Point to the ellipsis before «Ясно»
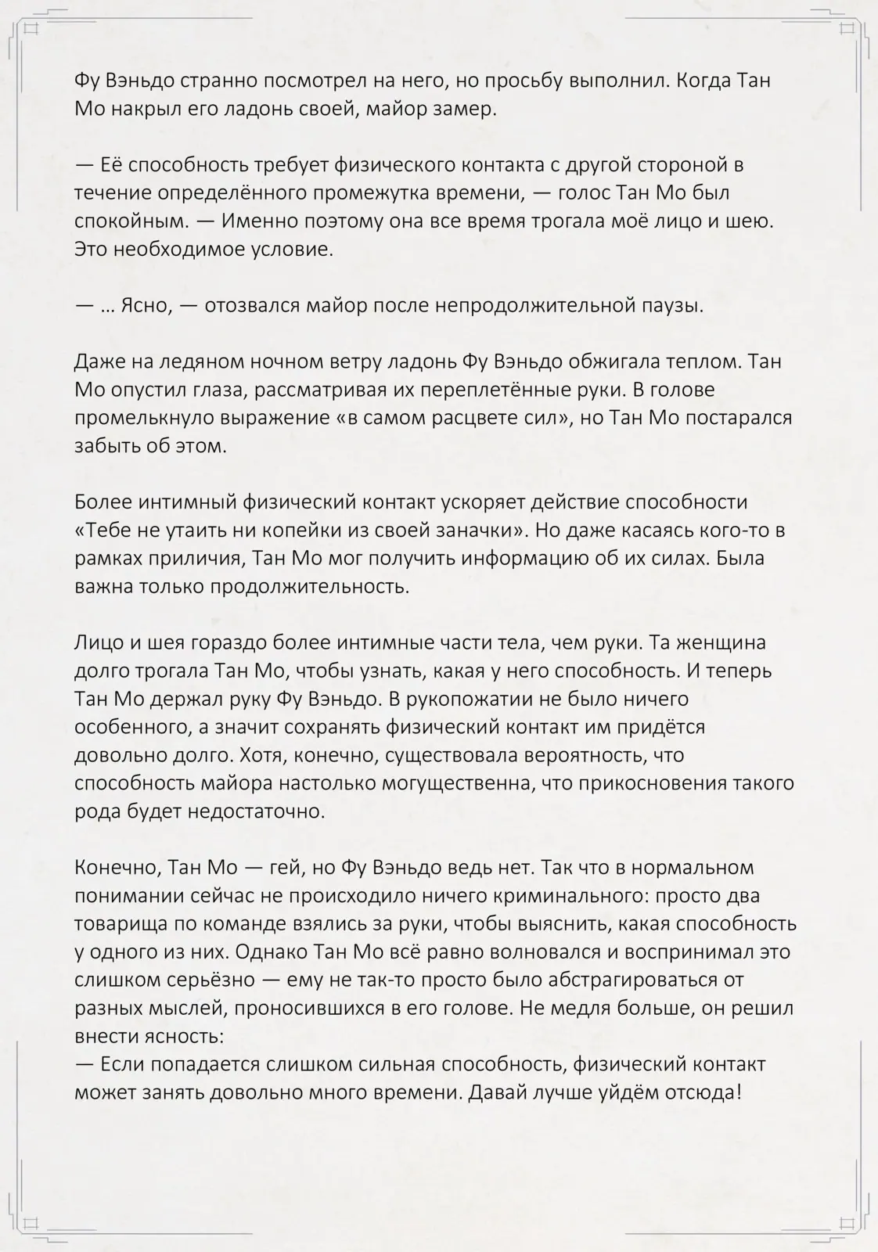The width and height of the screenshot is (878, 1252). [108, 306]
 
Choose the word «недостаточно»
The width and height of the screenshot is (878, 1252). [254, 811]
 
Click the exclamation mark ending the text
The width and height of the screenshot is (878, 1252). [737, 1092]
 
